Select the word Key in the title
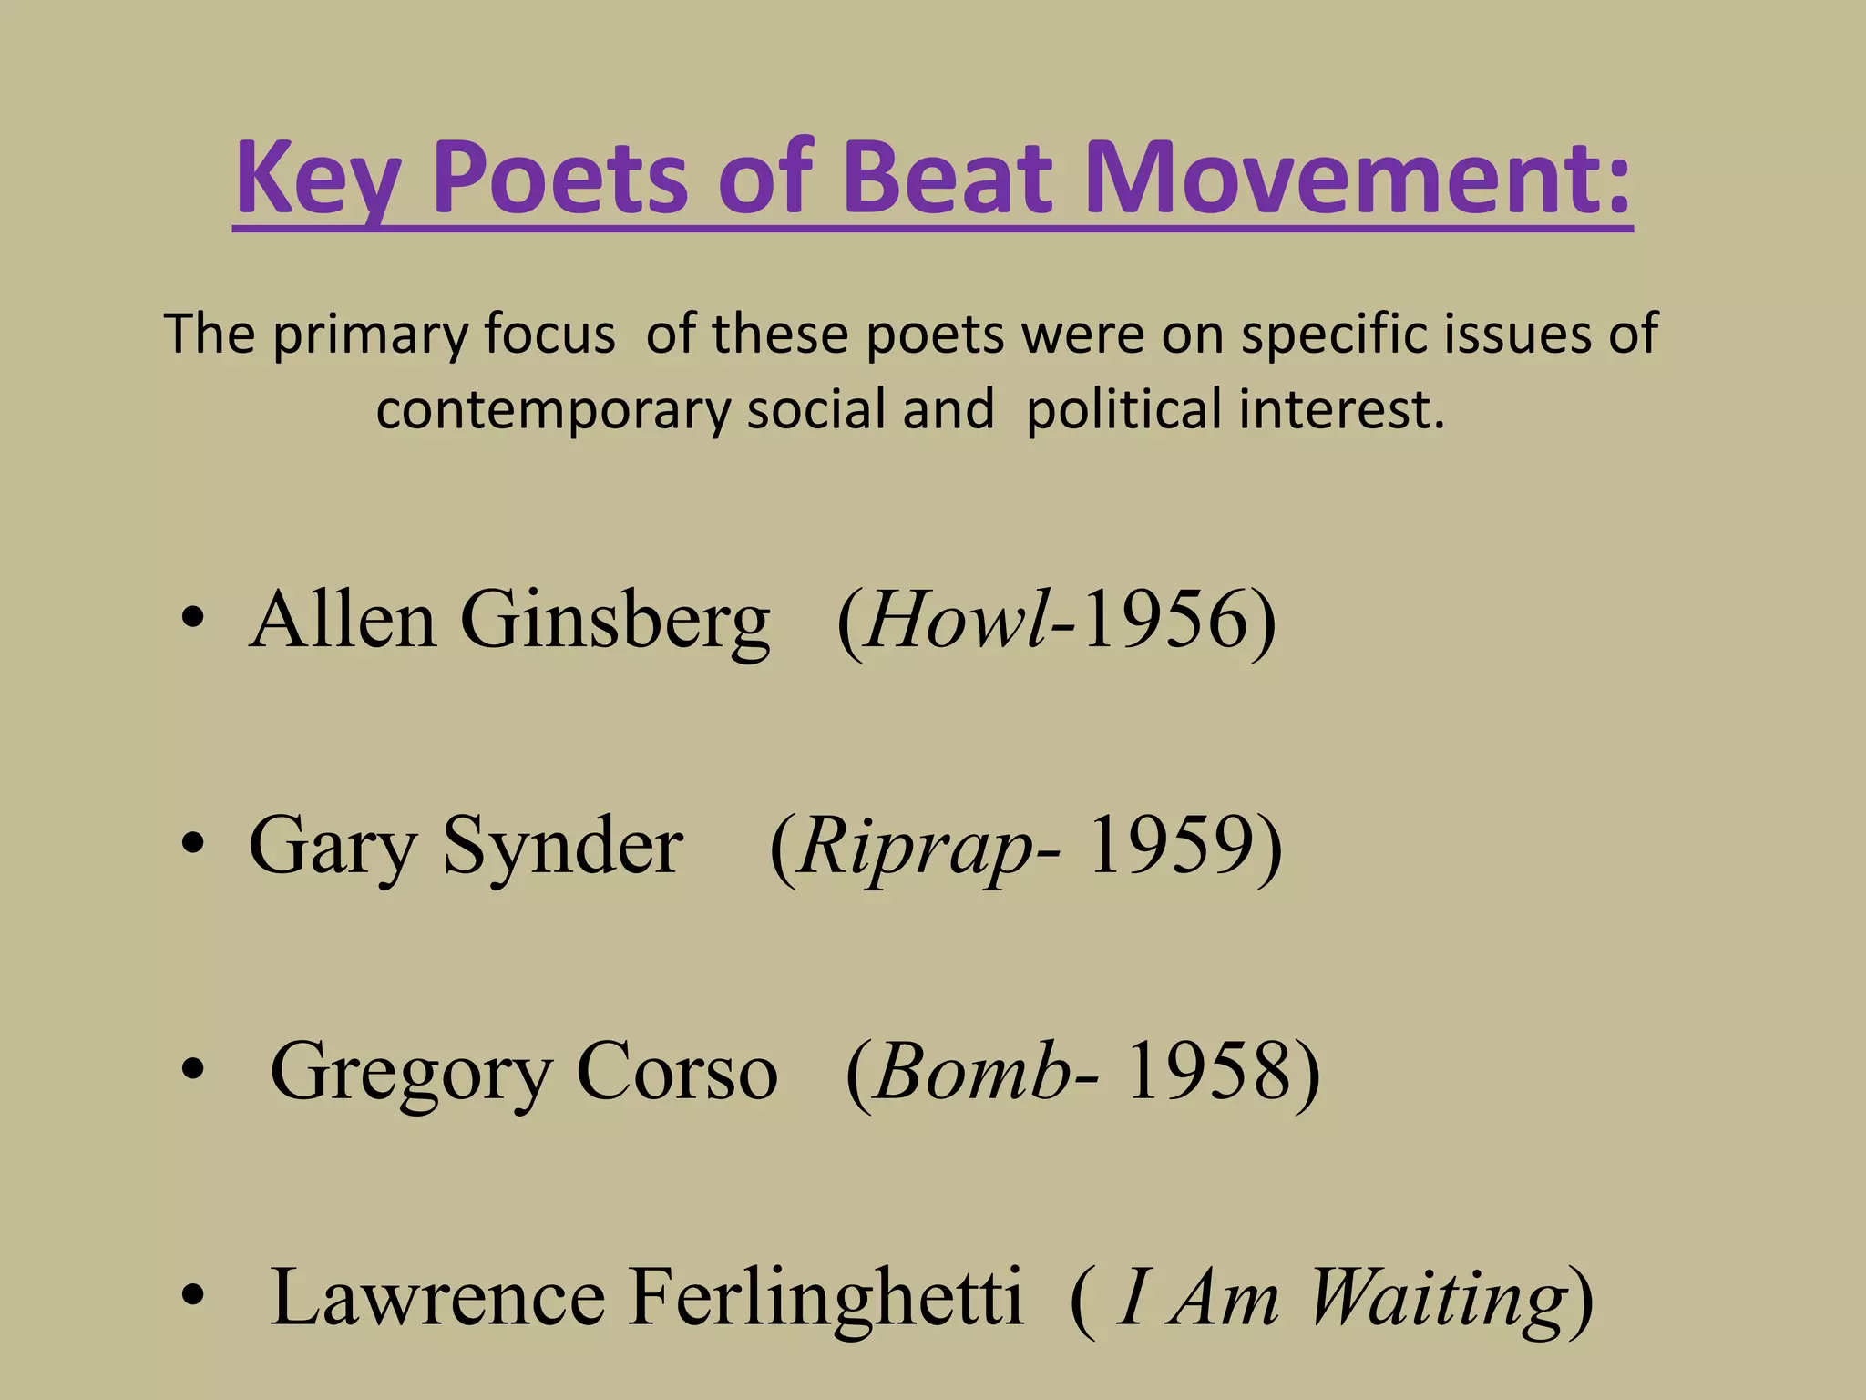[316, 178]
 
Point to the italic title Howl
[956, 620]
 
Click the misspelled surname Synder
[562, 846]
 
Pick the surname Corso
[676, 1073]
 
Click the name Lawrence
[437, 1297]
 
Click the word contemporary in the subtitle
[553, 409]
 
